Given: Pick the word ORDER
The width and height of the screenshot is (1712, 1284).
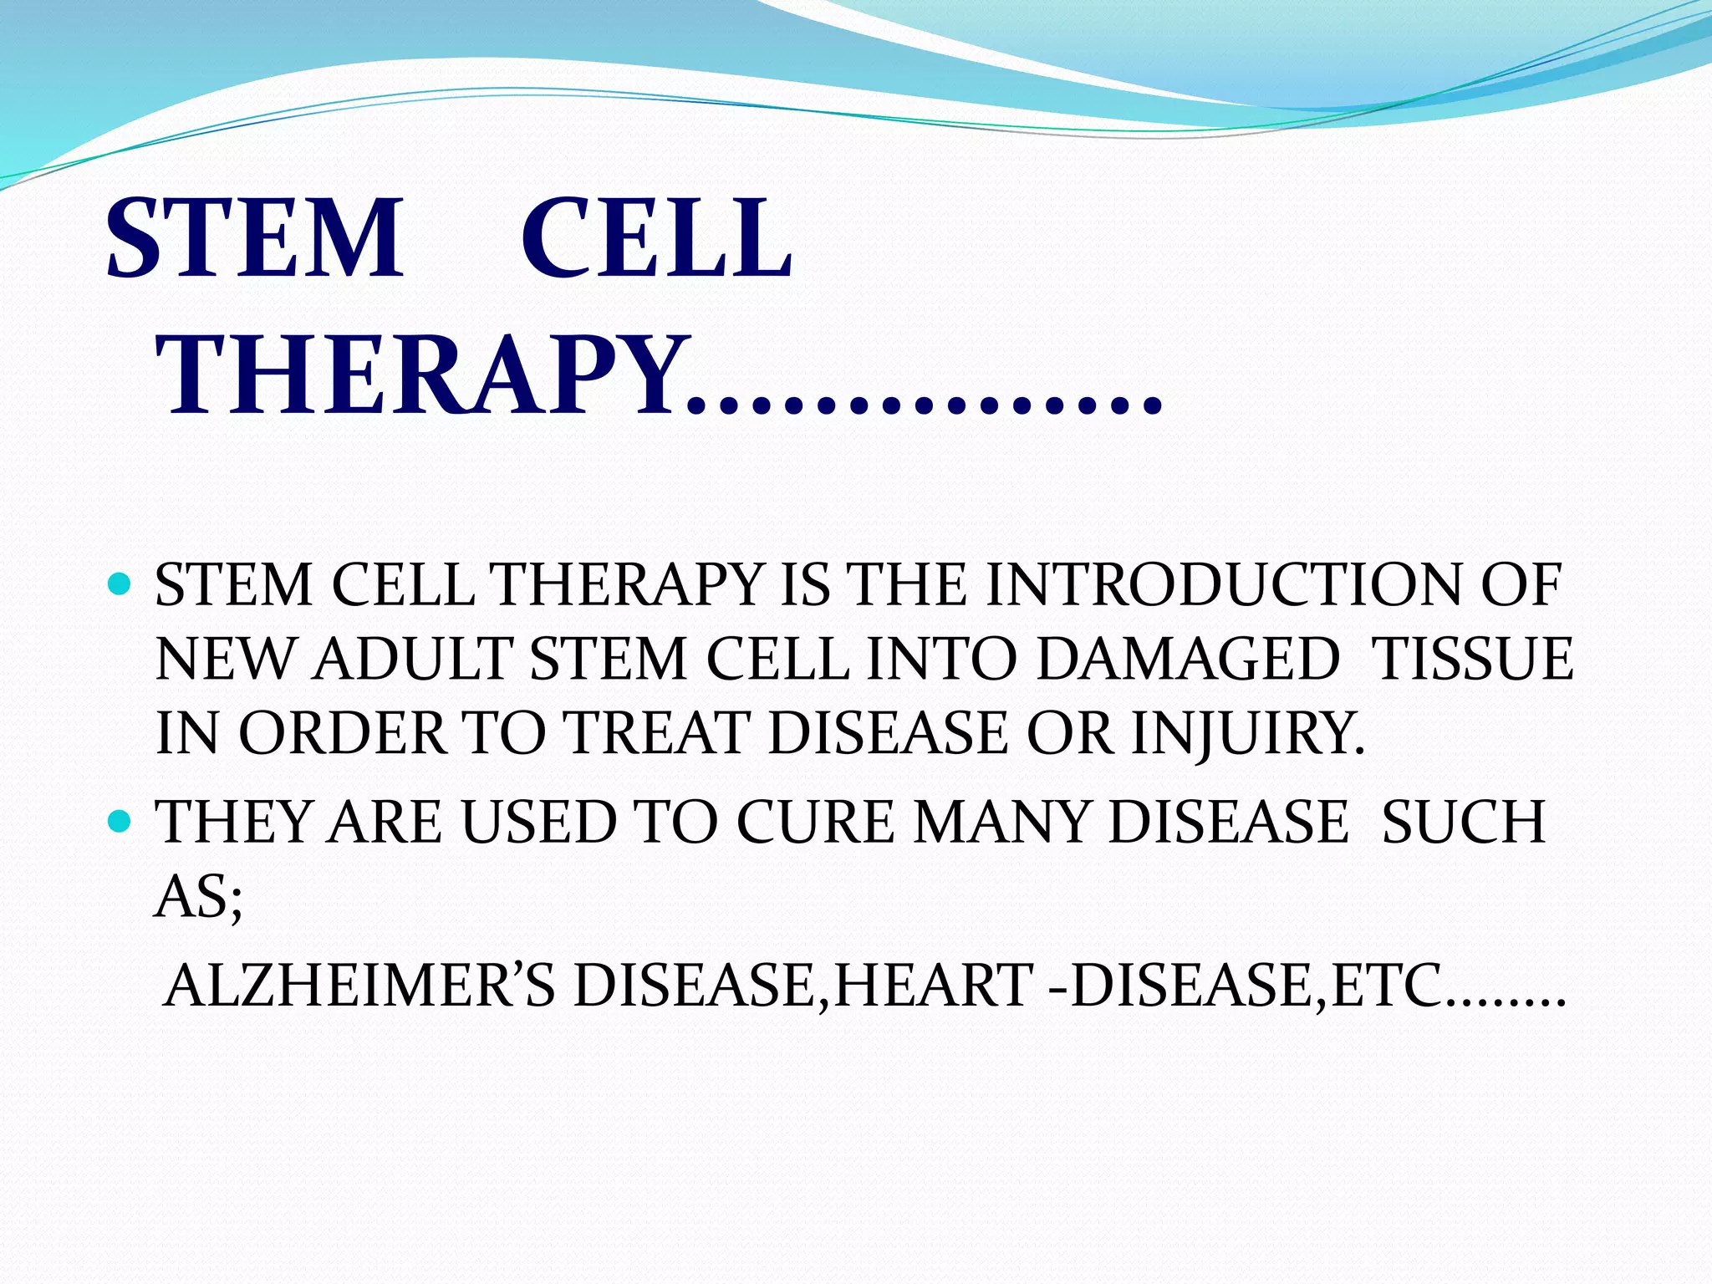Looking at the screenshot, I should point(343,734).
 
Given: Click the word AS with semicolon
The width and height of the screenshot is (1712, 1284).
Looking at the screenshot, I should point(198,896).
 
